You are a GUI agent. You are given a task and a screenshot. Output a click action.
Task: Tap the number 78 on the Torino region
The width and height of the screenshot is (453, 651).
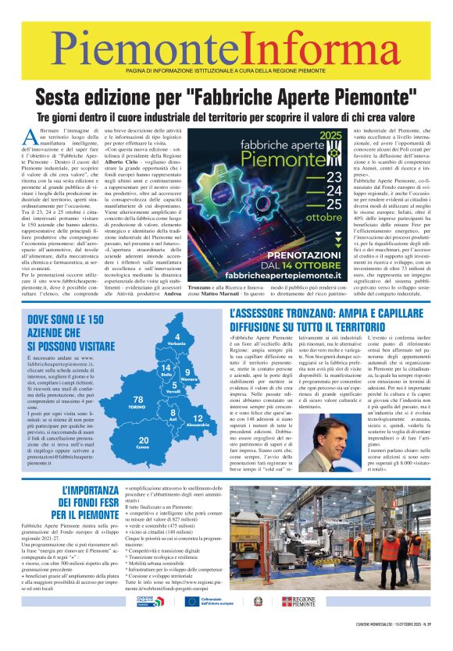pyautogui.click(x=137, y=400)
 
